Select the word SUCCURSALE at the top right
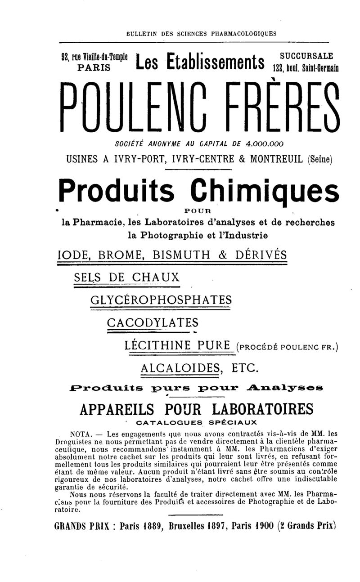tap(306, 56)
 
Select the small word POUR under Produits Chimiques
tap(198, 210)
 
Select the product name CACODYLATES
tap(153, 322)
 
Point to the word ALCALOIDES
tap(180, 368)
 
